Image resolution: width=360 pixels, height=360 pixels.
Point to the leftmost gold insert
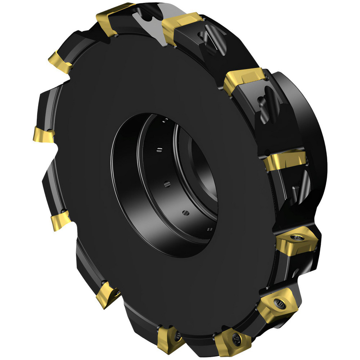[43, 134]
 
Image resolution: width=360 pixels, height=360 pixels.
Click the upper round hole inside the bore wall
[167, 184]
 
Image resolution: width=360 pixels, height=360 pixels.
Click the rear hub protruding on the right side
[306, 119]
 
